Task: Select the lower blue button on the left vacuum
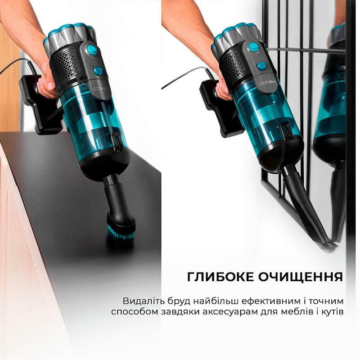pyautogui.click(x=98, y=71)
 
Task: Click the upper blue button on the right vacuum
pyautogui.click(x=254, y=46)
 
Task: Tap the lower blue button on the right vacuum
pyautogui.click(x=261, y=66)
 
